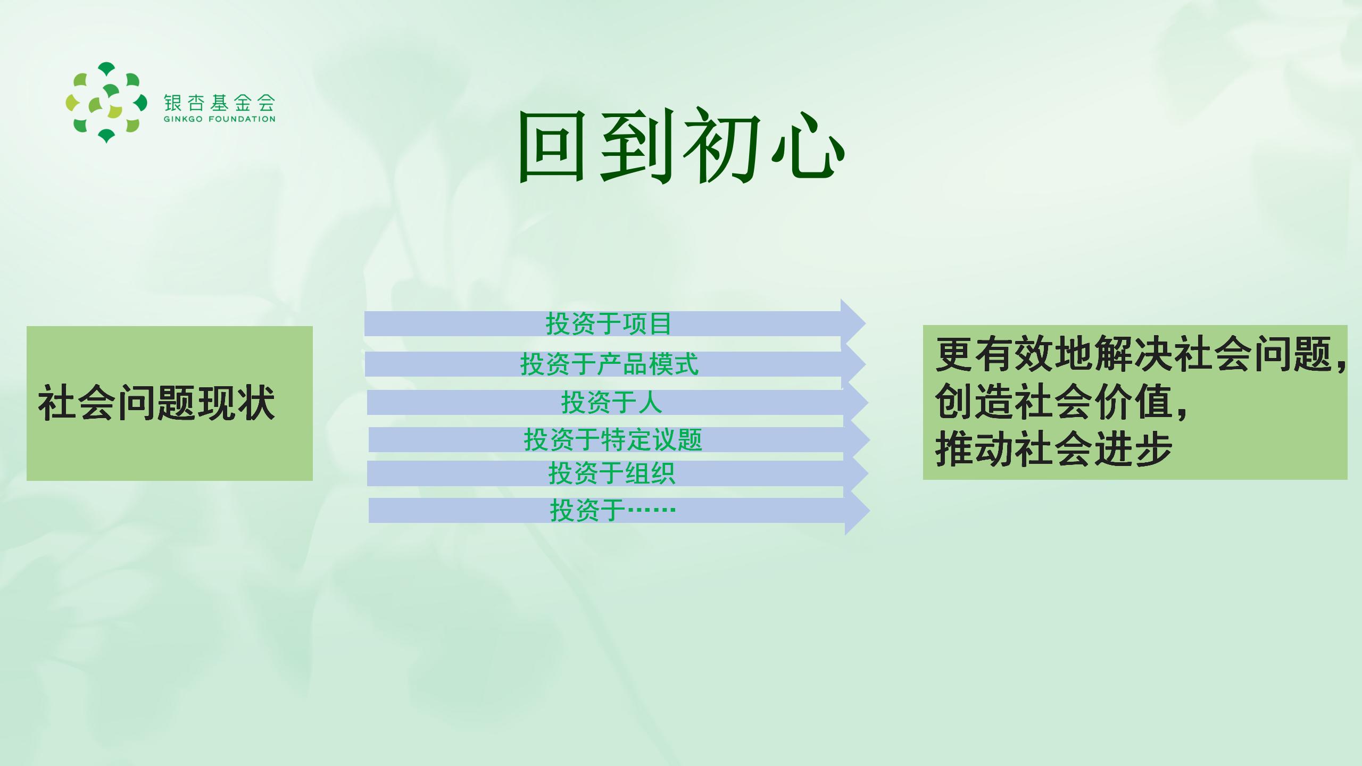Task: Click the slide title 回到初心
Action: click(681, 146)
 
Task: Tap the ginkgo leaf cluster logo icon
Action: click(106, 103)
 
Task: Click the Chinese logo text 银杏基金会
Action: click(219, 103)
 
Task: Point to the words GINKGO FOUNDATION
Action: click(219, 119)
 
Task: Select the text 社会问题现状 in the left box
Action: click(156, 403)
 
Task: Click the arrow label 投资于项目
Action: click(609, 323)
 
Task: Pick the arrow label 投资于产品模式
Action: click(609, 364)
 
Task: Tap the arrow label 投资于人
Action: click(611, 402)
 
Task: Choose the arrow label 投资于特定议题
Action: click(613, 440)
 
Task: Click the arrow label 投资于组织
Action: click(612, 473)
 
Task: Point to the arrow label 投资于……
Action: click(613, 511)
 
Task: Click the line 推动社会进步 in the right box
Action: click(1054, 449)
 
